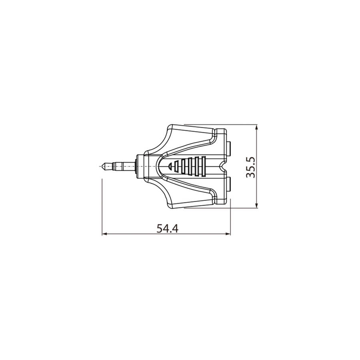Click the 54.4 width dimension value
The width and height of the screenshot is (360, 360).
click(167, 229)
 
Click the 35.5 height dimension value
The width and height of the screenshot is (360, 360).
click(251, 167)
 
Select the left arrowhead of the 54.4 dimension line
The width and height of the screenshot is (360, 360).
click(105, 234)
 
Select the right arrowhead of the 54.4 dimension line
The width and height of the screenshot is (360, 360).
click(228, 234)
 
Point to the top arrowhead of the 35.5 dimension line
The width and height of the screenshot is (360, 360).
click(257, 128)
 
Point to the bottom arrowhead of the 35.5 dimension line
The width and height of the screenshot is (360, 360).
click(257, 206)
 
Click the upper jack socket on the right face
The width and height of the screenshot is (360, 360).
click(228, 148)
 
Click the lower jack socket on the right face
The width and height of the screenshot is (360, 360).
click(228, 185)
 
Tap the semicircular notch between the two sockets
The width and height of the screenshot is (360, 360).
click(222, 166)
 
